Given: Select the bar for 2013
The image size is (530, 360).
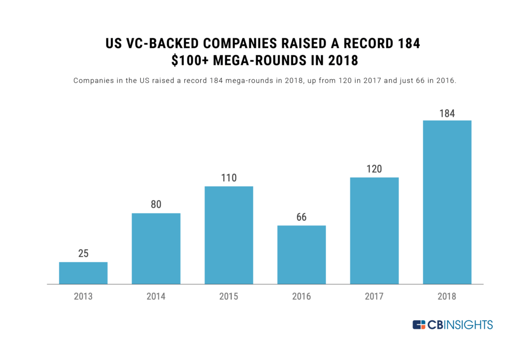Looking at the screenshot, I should point(83,273).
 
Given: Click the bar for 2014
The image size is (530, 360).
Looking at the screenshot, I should point(156,249).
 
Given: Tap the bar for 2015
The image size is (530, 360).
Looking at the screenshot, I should point(229,235).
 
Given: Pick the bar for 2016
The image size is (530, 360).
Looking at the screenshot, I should point(301,255).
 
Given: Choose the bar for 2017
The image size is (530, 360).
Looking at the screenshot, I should point(374,231).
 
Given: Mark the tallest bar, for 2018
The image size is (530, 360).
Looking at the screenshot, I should point(447,202).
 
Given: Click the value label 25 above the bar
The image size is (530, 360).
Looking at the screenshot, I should point(83,254).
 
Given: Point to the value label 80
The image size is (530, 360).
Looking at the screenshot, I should point(156,205).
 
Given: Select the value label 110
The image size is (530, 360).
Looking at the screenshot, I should point(229,178).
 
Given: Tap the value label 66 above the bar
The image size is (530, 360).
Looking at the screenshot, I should point(301,217).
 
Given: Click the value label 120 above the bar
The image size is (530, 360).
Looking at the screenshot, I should point(374,169).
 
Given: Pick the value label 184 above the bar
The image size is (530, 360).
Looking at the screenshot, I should point(447,112).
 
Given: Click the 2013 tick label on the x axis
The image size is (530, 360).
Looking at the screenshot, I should point(83,297).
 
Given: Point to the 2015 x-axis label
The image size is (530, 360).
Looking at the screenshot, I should point(229,297).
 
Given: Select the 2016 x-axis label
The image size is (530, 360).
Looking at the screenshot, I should point(301,297).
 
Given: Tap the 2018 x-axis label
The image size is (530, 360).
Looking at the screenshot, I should point(447,297).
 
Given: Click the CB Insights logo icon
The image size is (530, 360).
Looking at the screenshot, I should point(419,325).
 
